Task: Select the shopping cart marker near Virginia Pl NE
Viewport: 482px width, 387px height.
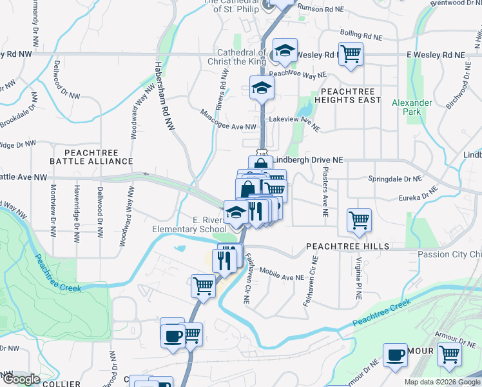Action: (359, 219)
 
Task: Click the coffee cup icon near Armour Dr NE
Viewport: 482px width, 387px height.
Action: (395, 355)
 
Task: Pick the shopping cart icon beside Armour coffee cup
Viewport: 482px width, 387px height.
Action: (449, 354)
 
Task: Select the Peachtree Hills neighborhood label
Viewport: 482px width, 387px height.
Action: (347, 246)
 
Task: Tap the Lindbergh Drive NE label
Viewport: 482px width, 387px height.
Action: (308, 159)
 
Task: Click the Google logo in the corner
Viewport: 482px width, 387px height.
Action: (21, 379)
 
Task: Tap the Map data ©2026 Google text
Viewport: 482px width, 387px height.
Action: (442, 382)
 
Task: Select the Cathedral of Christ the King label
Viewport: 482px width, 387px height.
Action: (242, 56)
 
